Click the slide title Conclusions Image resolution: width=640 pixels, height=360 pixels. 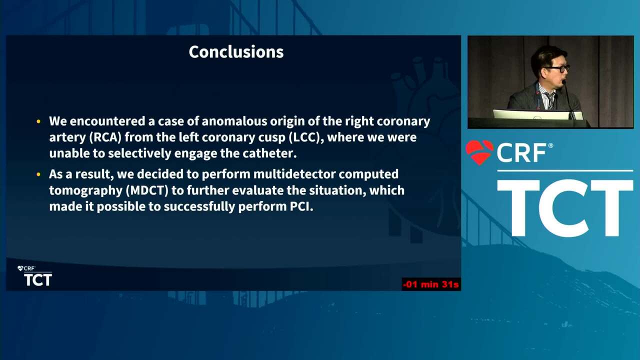(x=236, y=52)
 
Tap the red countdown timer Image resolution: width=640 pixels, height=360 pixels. (x=431, y=284)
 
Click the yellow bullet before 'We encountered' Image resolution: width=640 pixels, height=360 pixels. (x=38, y=121)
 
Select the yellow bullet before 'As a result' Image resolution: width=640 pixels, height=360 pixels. (x=38, y=174)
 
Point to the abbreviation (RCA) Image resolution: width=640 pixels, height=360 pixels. (x=105, y=137)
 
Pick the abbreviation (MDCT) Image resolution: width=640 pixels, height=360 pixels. (x=147, y=190)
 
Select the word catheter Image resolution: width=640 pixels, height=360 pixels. (x=269, y=153)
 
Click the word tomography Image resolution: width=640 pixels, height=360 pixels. (x=85, y=191)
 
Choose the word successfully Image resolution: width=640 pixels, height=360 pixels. (x=199, y=207)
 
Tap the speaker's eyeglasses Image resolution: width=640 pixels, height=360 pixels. (x=557, y=69)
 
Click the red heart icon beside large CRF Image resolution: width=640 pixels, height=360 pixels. (x=479, y=152)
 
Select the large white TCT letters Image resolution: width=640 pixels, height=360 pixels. (x=565, y=207)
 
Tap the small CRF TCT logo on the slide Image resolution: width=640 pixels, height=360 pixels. (x=34, y=276)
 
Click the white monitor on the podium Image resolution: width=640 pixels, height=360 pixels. (x=537, y=114)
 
